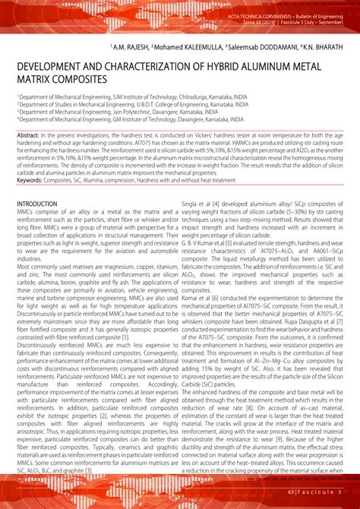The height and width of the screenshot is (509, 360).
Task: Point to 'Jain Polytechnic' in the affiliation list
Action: (124, 112)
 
